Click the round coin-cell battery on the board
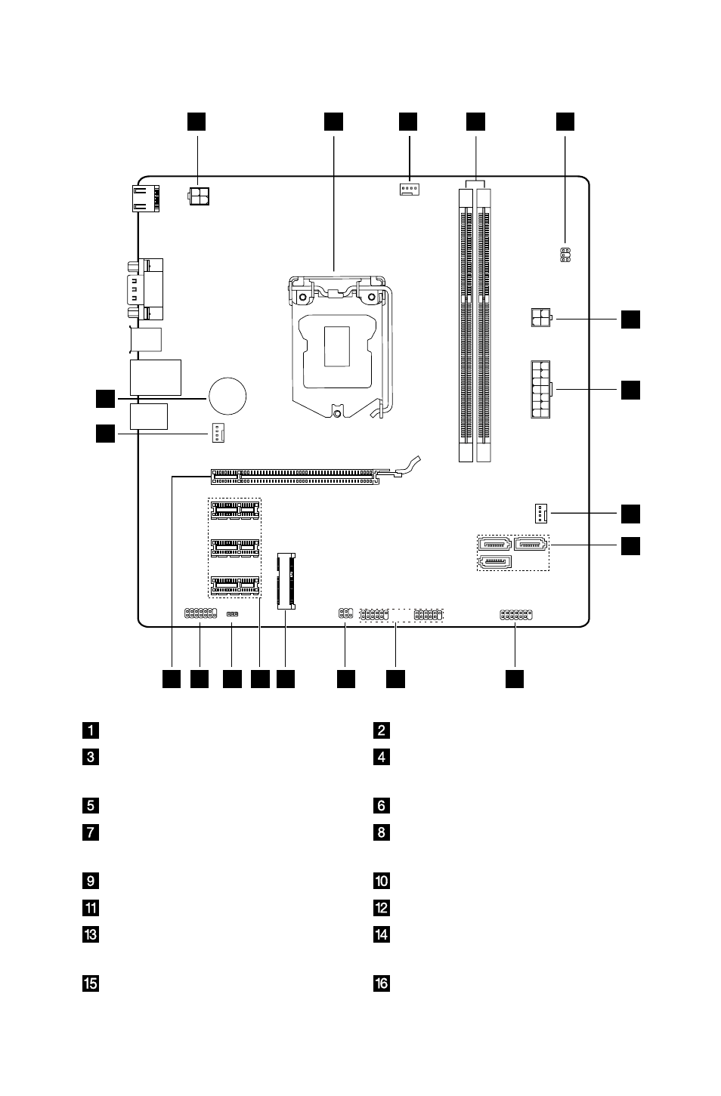click(x=227, y=396)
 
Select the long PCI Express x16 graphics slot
click(x=296, y=477)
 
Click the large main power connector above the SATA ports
click(x=541, y=390)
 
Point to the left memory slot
click(x=466, y=326)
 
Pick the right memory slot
click(x=484, y=326)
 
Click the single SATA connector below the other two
click(x=494, y=562)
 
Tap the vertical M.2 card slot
click(x=286, y=581)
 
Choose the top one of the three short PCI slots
click(x=235, y=511)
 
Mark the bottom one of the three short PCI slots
click(x=235, y=585)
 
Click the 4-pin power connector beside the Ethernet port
click(x=199, y=196)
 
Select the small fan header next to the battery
click(x=218, y=433)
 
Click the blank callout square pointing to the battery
click(x=105, y=399)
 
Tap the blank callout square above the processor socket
click(x=334, y=122)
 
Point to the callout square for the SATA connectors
click(x=630, y=546)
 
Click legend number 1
click(x=91, y=730)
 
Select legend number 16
click(x=382, y=983)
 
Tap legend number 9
click(x=91, y=881)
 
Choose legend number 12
click(x=382, y=908)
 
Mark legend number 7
click(x=91, y=832)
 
